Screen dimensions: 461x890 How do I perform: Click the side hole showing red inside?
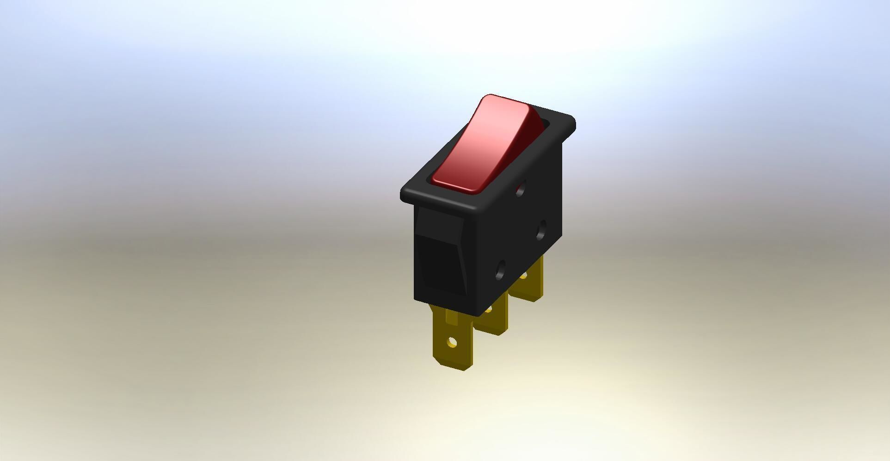[x=521, y=188]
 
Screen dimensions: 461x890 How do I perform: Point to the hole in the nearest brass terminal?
[x=452, y=343]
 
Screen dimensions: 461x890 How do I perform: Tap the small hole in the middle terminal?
[x=488, y=308]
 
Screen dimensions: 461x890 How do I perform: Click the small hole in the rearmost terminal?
[x=524, y=277]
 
